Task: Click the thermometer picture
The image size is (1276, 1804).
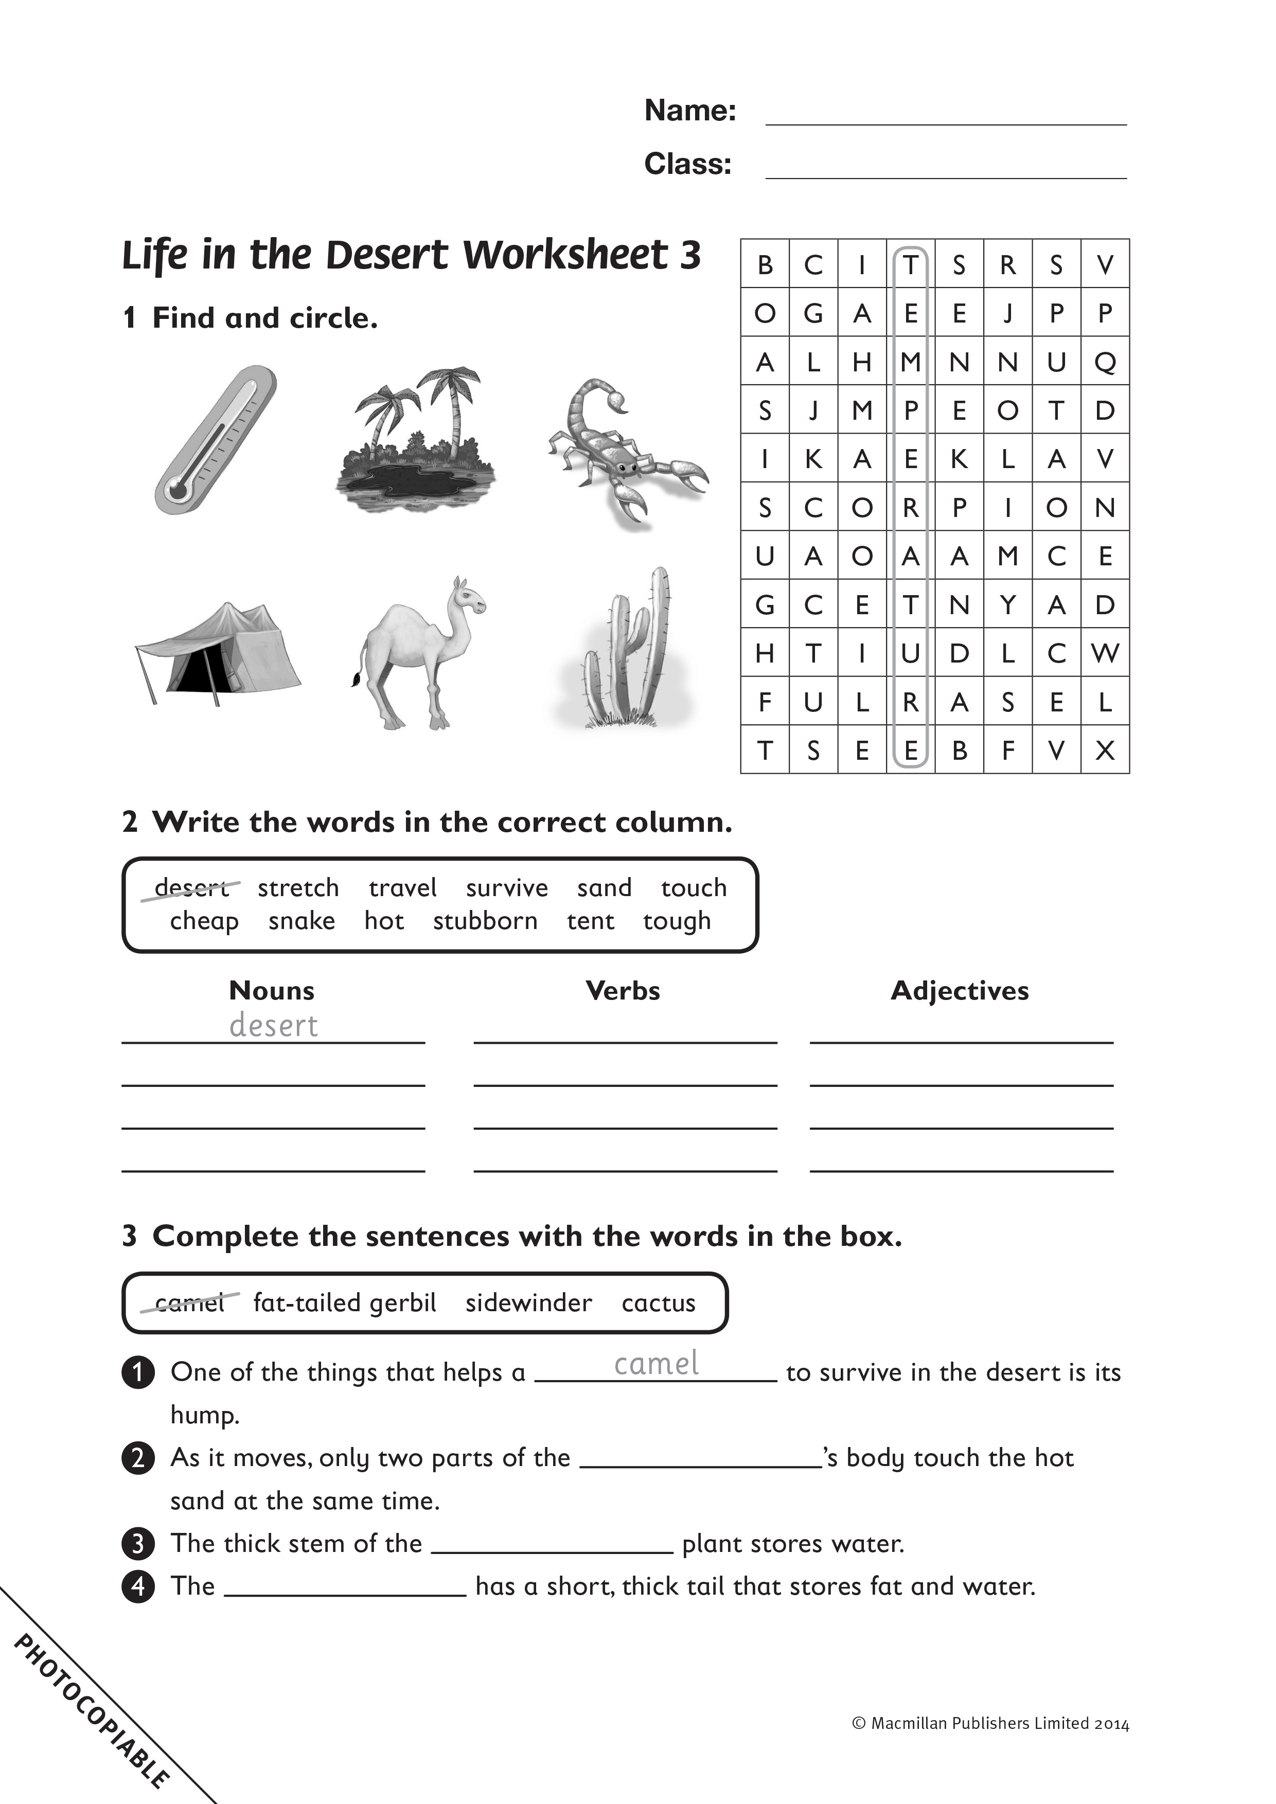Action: tap(215, 440)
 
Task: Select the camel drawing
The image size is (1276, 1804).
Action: tap(420, 652)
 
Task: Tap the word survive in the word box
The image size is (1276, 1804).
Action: tap(507, 888)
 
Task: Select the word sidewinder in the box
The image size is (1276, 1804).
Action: tap(528, 1302)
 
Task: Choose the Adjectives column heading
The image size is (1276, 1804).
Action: tap(960, 991)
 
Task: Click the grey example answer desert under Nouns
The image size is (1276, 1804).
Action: tap(273, 1025)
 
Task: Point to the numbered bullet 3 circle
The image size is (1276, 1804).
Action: tap(138, 1543)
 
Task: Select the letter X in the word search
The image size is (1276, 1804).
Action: tap(1105, 751)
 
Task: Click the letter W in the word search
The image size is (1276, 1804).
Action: tap(1105, 653)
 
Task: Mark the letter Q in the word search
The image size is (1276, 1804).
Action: tap(1105, 362)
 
